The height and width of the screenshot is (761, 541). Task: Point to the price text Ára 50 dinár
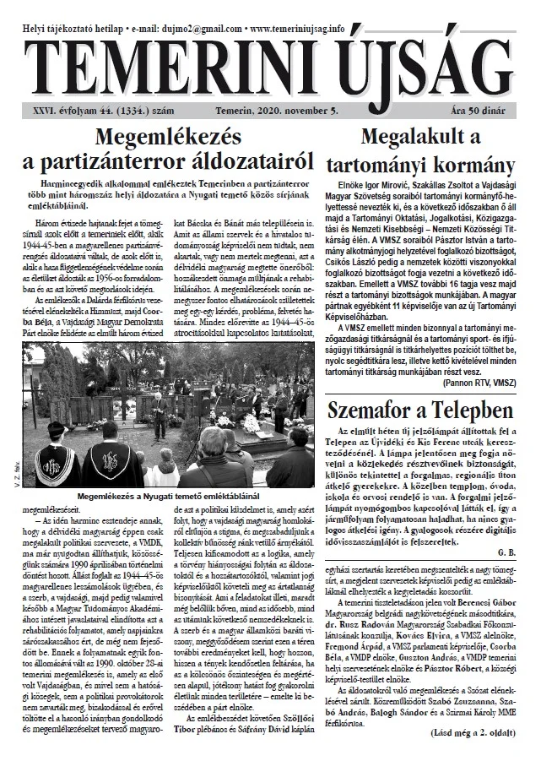[488, 110]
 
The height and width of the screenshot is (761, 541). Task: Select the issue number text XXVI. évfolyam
[59, 110]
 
